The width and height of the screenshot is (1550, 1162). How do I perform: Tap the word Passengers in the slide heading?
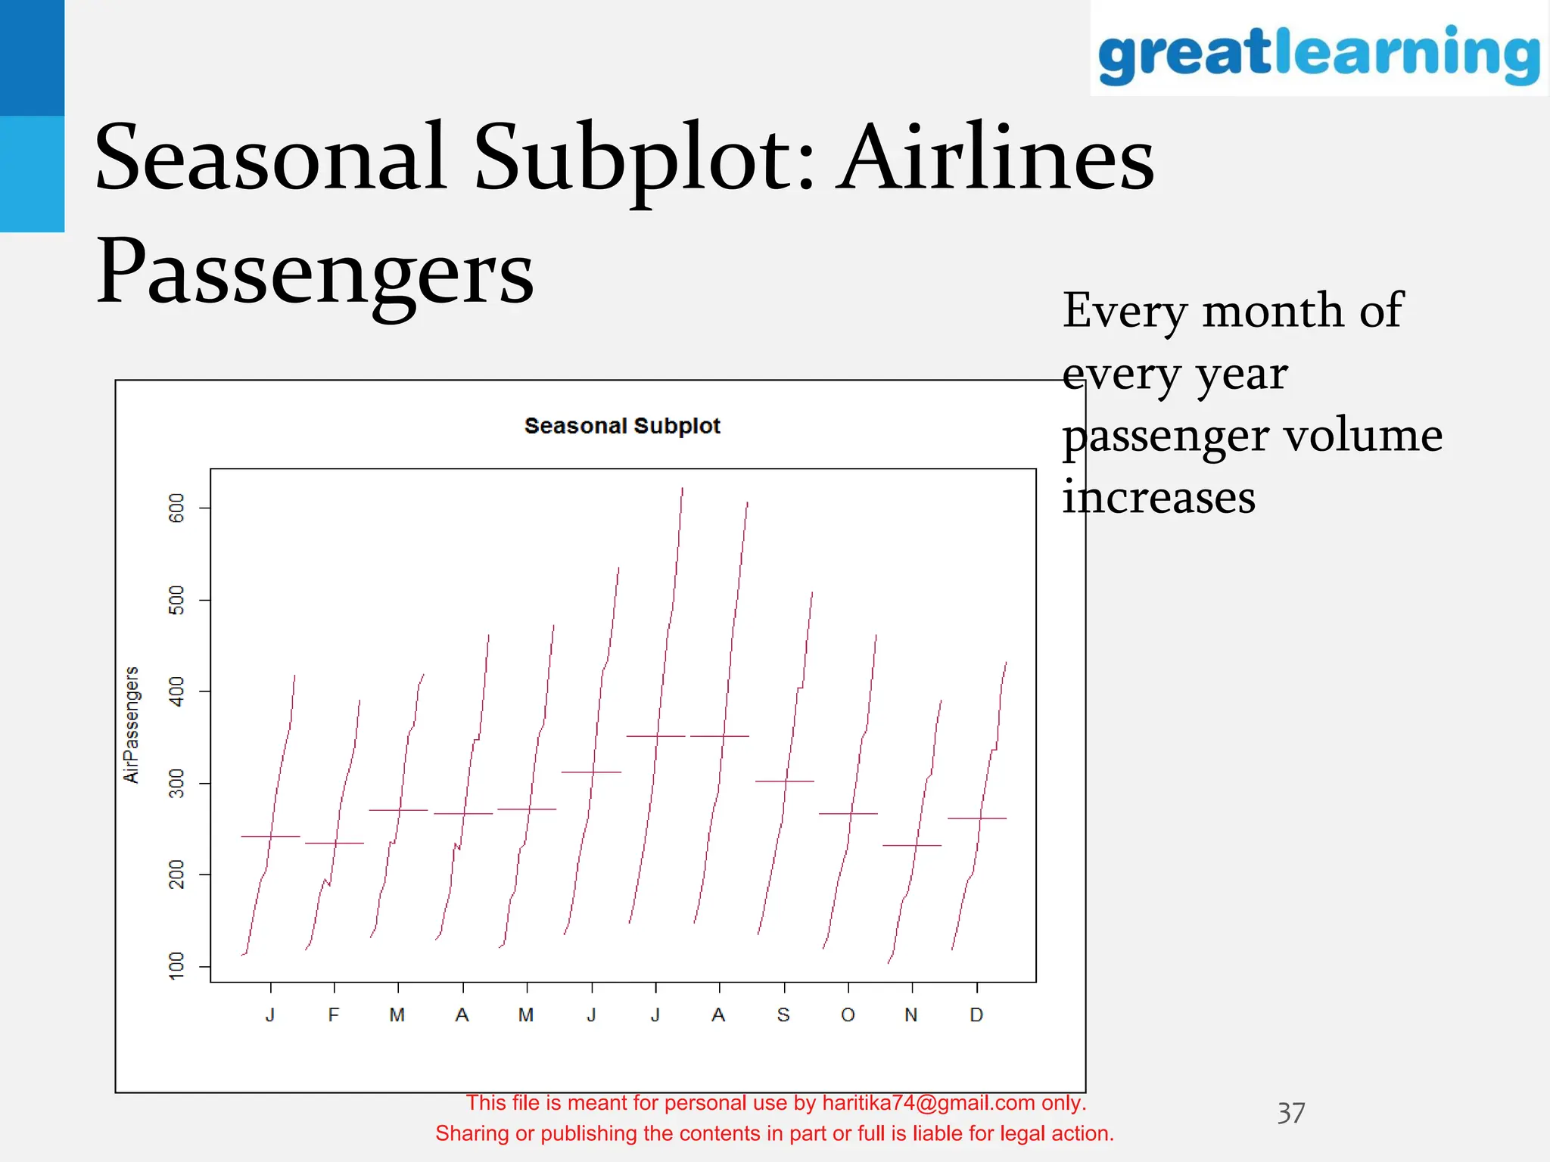(315, 271)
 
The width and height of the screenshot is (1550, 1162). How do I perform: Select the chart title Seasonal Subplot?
(622, 426)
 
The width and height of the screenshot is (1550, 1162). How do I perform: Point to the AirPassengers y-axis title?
(131, 725)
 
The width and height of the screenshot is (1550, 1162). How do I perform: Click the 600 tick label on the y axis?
(176, 508)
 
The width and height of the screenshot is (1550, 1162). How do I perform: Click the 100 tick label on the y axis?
(176, 966)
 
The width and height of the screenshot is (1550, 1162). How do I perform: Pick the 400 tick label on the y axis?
(176, 691)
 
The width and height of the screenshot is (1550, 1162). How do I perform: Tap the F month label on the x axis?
(334, 1015)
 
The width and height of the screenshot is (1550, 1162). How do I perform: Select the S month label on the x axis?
(783, 1015)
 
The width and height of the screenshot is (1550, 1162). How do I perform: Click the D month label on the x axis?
(976, 1015)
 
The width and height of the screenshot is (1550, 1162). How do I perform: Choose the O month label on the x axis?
(848, 1015)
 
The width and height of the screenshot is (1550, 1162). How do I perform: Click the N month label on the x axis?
(911, 1015)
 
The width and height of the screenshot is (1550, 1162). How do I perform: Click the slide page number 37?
(1290, 1113)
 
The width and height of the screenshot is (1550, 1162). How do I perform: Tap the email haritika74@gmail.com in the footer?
(929, 1103)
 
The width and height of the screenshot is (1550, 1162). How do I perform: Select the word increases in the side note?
(1159, 498)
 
